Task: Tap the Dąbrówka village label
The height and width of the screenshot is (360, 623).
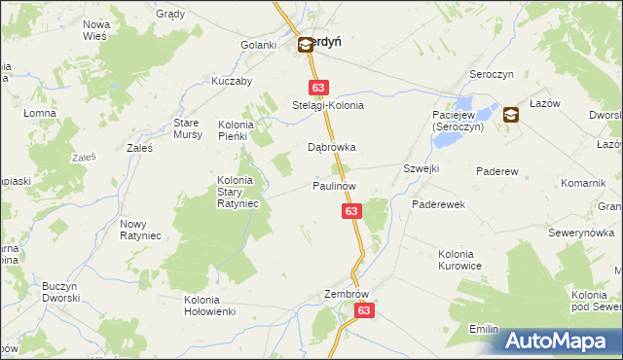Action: point(331,148)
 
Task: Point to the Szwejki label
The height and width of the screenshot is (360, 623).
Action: point(421,168)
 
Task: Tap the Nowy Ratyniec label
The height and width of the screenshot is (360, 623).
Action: point(140,230)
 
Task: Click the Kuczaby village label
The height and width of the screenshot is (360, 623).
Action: point(232,82)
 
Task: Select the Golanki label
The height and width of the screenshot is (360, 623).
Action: point(260,45)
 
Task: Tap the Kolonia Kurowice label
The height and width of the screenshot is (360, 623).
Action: point(459,259)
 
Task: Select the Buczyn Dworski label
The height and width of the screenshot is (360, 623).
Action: point(59,293)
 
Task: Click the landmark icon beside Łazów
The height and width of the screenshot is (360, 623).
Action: point(511,115)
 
